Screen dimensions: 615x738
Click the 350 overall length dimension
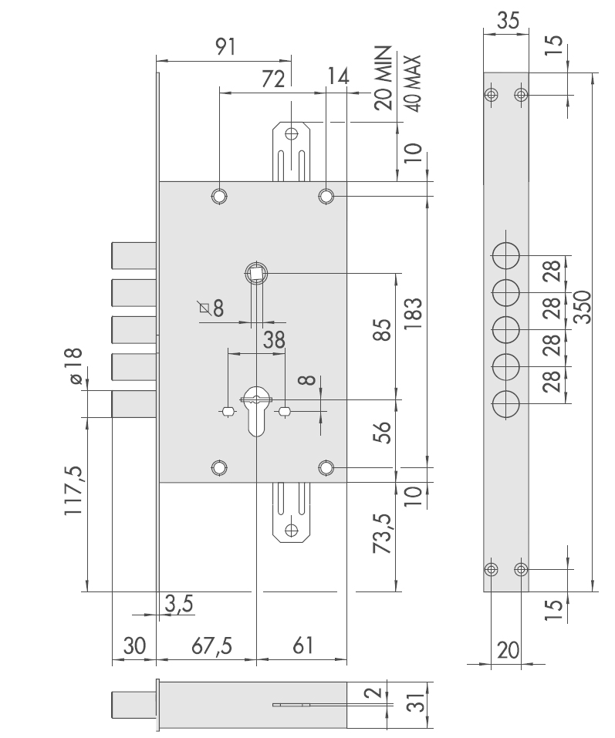(583, 307)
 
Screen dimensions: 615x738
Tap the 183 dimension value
(413, 314)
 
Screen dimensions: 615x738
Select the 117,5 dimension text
(74, 490)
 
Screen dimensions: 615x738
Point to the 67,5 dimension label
(212, 645)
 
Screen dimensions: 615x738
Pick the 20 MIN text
(384, 78)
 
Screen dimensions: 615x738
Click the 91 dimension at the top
(225, 46)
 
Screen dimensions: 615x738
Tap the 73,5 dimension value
(384, 533)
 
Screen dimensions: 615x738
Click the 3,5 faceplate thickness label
(179, 603)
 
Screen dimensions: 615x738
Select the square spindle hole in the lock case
(257, 272)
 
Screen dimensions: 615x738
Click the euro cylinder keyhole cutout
(257, 411)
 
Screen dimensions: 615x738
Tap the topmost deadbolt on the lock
(134, 255)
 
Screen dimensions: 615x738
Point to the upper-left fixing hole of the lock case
(219, 196)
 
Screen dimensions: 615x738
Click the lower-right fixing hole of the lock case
(326, 468)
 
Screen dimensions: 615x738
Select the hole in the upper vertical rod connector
(292, 133)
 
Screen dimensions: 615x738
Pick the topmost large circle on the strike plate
(505, 255)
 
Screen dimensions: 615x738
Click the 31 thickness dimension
(417, 703)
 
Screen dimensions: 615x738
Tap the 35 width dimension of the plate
(508, 21)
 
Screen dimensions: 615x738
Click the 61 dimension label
(302, 645)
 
